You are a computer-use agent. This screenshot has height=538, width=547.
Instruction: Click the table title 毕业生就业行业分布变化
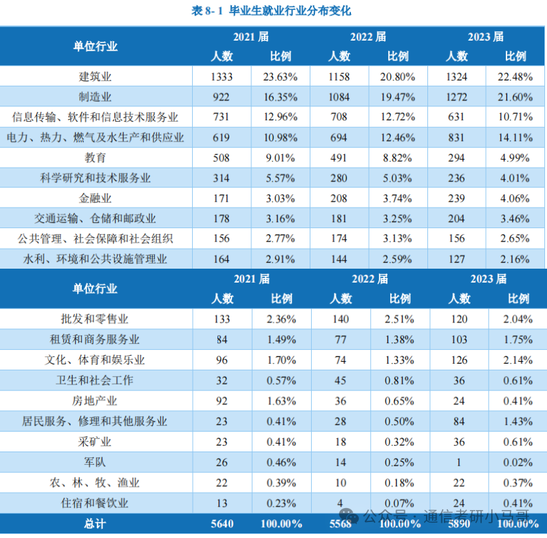[x=290, y=10]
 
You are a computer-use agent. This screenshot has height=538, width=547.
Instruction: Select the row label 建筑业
[x=96, y=76]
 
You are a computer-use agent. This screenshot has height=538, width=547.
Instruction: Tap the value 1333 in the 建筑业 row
[x=221, y=76]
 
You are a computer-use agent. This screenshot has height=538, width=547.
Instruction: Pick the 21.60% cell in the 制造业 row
[x=515, y=97]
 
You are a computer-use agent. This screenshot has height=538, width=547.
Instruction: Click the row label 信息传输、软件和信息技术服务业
[x=96, y=117]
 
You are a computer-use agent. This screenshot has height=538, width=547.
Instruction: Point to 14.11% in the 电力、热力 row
[x=515, y=138]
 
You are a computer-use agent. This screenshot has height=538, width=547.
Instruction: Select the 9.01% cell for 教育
[x=280, y=158]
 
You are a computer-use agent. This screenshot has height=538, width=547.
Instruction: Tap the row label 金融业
[x=96, y=198]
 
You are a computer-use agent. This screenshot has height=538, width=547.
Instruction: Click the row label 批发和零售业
[x=96, y=319]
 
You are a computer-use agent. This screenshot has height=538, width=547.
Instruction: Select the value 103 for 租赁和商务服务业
[x=459, y=339]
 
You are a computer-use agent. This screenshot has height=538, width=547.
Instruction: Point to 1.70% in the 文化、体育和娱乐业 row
[x=280, y=360]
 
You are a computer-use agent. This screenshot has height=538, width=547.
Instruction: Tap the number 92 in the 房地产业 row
[x=221, y=401]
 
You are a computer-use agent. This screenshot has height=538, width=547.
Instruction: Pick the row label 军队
[x=96, y=462]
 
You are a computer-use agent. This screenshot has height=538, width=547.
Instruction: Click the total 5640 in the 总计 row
[x=221, y=524]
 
